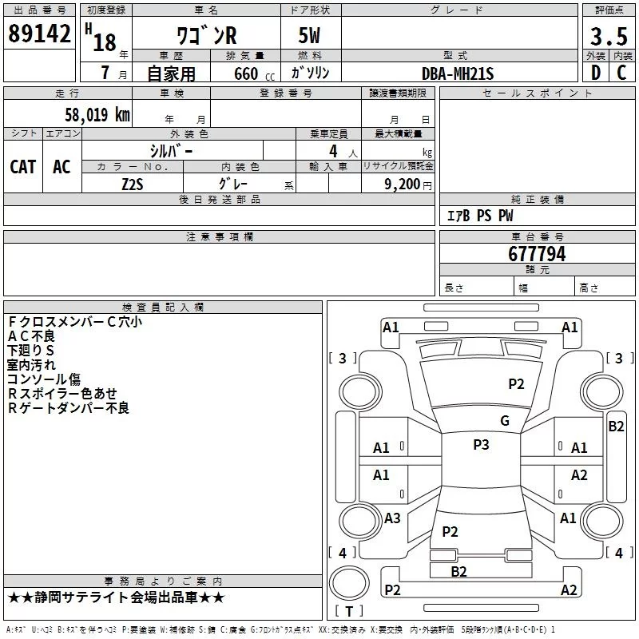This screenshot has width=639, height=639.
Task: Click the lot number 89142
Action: point(39,34)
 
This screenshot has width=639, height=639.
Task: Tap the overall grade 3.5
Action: point(609,37)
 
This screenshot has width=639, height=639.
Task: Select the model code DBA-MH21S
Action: point(458,73)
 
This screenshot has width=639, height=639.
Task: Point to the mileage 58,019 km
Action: point(97,115)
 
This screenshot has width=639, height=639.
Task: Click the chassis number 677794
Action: point(537,254)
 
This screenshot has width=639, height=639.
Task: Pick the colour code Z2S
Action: point(133,185)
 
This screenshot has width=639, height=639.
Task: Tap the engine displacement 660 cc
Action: point(254,74)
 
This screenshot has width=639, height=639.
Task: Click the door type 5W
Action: point(309,35)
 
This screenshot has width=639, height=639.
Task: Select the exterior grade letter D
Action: point(596,73)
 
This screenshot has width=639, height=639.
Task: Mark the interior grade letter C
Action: point(621,73)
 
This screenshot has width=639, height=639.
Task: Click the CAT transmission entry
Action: point(23,167)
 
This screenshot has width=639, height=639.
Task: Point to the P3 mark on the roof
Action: point(481,445)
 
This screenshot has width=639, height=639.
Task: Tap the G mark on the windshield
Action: point(505,421)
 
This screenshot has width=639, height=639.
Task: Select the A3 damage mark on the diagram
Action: point(392,518)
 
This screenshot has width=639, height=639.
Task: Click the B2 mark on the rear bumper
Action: point(458,572)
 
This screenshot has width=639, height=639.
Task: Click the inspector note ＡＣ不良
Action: point(31,336)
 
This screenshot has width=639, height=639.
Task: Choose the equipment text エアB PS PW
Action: point(480,216)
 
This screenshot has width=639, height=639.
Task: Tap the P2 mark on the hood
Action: point(516,384)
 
